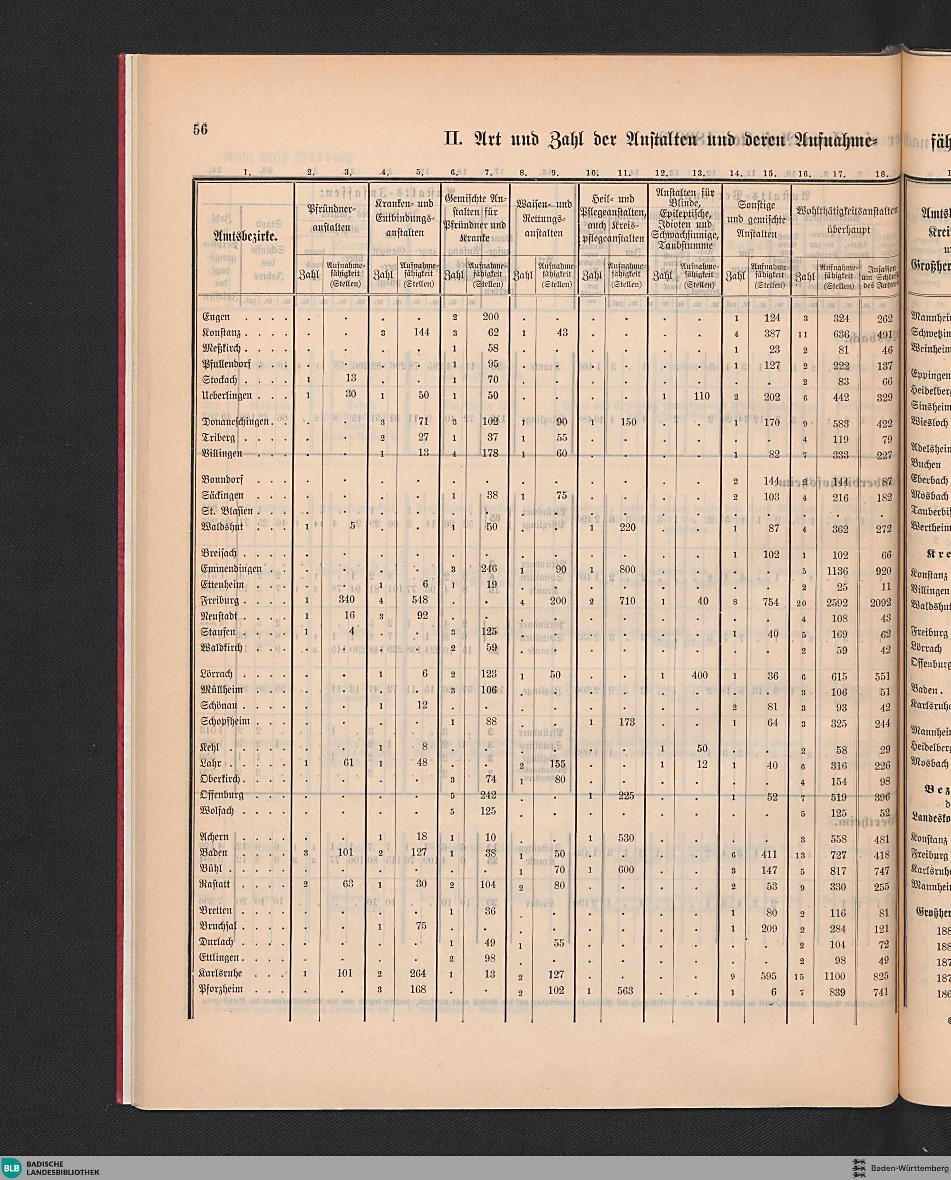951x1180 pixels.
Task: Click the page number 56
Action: pyautogui.click(x=201, y=130)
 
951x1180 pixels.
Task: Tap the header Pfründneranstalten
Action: pyautogui.click(x=331, y=219)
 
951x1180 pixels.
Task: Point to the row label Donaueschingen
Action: pyautogui.click(x=235, y=422)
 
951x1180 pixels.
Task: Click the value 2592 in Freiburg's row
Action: pyautogui.click(x=839, y=603)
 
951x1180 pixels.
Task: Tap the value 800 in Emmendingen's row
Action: pyautogui.click(x=627, y=570)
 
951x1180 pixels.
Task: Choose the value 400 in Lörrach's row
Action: pyautogui.click(x=699, y=675)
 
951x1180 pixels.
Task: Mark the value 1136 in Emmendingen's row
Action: pyautogui.click(x=838, y=571)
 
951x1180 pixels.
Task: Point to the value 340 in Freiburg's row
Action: pyautogui.click(x=347, y=600)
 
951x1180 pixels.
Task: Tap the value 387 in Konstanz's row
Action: pyautogui.click(x=771, y=333)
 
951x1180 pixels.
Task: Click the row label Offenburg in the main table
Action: pyautogui.click(x=222, y=795)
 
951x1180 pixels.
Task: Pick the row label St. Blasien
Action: pyautogui.click(x=227, y=512)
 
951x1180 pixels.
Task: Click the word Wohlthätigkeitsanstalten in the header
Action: pyautogui.click(x=847, y=211)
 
